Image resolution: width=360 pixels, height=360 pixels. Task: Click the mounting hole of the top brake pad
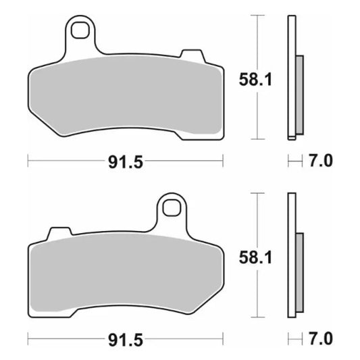(82, 30)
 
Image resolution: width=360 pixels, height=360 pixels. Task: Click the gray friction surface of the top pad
(125, 98)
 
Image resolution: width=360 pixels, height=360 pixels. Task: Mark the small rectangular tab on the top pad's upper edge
(191, 54)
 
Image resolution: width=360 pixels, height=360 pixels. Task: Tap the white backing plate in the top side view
(292, 41)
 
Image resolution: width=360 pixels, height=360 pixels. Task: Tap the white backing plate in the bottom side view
(292, 216)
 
